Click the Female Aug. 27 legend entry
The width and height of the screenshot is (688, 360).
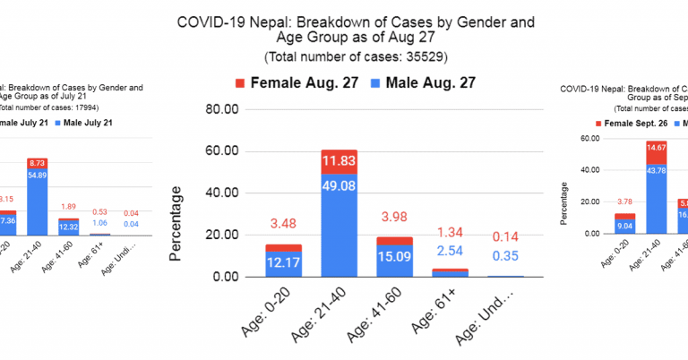point(287,83)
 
